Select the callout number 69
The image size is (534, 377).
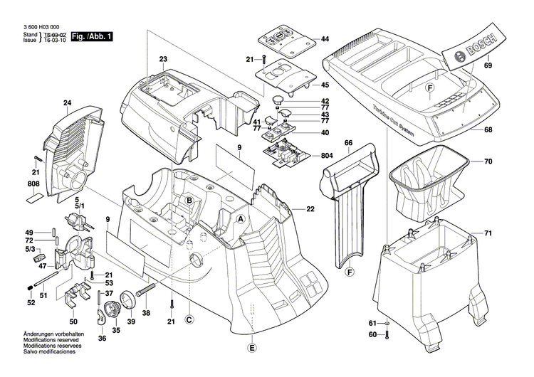[488, 66]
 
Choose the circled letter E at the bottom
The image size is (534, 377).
[250, 349]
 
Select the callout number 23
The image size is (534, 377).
[162, 58]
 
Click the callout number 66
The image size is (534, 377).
[349, 143]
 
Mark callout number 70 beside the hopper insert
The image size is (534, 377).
[488, 161]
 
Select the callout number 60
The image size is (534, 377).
[372, 334]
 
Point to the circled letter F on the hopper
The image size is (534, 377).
[429, 87]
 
